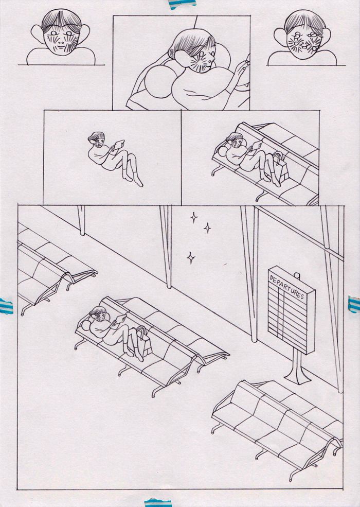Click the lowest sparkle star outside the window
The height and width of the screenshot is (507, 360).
(x=191, y=258)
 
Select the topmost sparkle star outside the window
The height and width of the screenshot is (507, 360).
(x=193, y=218)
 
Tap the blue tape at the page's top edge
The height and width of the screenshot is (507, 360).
(x=182, y=4)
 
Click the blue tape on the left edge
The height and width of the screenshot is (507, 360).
(x=6, y=306)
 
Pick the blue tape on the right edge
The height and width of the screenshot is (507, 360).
(x=354, y=304)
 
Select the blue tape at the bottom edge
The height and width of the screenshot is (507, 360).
(x=158, y=502)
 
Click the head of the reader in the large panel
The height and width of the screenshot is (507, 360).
(x=99, y=314)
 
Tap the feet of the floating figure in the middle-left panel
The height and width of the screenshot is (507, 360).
(x=133, y=180)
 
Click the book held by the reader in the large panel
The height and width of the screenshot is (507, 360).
(x=120, y=319)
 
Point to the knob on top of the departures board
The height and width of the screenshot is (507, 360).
(x=297, y=276)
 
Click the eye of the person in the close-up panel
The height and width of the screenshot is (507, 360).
(x=202, y=54)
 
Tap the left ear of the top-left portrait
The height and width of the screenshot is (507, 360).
(x=38, y=34)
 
